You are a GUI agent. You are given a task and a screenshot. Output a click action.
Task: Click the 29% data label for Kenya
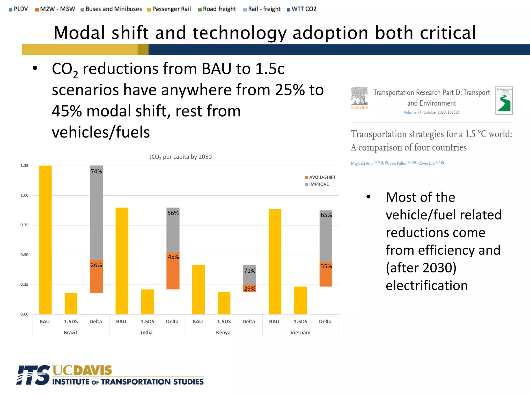(x=249, y=289)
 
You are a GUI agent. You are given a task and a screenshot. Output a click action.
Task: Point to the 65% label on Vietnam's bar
(x=326, y=215)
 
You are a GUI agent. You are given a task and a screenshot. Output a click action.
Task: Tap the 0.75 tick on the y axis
(x=24, y=225)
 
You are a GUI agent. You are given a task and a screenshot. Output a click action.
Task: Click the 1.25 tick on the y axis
(x=24, y=166)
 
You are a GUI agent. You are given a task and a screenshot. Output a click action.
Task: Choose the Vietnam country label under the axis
(x=300, y=333)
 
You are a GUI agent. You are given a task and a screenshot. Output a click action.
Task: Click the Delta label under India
(x=172, y=322)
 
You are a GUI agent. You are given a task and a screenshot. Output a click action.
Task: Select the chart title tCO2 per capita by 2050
(x=180, y=157)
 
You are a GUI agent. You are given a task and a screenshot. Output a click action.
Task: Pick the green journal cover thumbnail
(x=504, y=101)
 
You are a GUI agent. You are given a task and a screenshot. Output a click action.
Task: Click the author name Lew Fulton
(x=398, y=163)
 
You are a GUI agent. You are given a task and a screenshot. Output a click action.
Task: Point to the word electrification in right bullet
(x=426, y=286)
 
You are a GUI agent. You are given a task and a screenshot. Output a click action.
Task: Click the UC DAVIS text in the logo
(x=82, y=370)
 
